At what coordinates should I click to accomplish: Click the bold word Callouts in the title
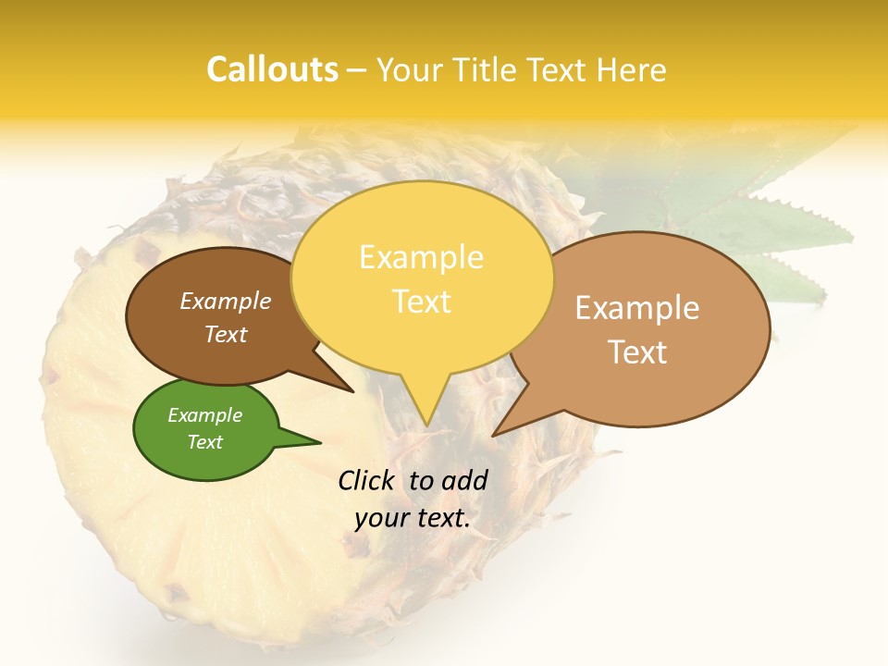[272, 69]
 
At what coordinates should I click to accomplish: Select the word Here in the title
[631, 69]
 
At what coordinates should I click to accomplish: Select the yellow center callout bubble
[422, 277]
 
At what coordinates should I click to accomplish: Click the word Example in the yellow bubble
[421, 257]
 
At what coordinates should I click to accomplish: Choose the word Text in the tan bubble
[637, 351]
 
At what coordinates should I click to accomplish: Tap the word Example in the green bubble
[205, 415]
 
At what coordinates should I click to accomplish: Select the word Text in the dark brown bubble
[226, 335]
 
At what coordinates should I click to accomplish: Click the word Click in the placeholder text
[366, 480]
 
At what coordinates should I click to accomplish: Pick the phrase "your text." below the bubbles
[413, 518]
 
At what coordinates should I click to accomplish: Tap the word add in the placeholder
[465, 480]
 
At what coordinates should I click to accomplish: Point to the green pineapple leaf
[786, 231]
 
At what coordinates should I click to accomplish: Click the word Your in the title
[411, 69]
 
